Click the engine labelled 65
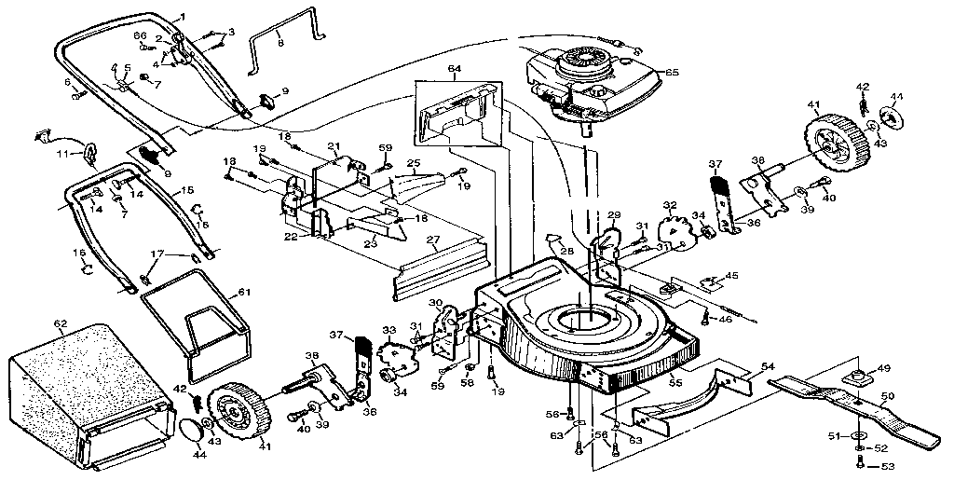point(592,79)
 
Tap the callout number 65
point(671,72)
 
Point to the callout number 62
point(61,324)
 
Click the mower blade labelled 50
point(857,407)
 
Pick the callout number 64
point(454,68)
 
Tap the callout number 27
point(431,240)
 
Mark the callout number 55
point(675,382)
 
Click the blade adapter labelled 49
point(856,375)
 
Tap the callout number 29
point(613,215)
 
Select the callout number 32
point(669,205)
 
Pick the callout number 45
point(732,275)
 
